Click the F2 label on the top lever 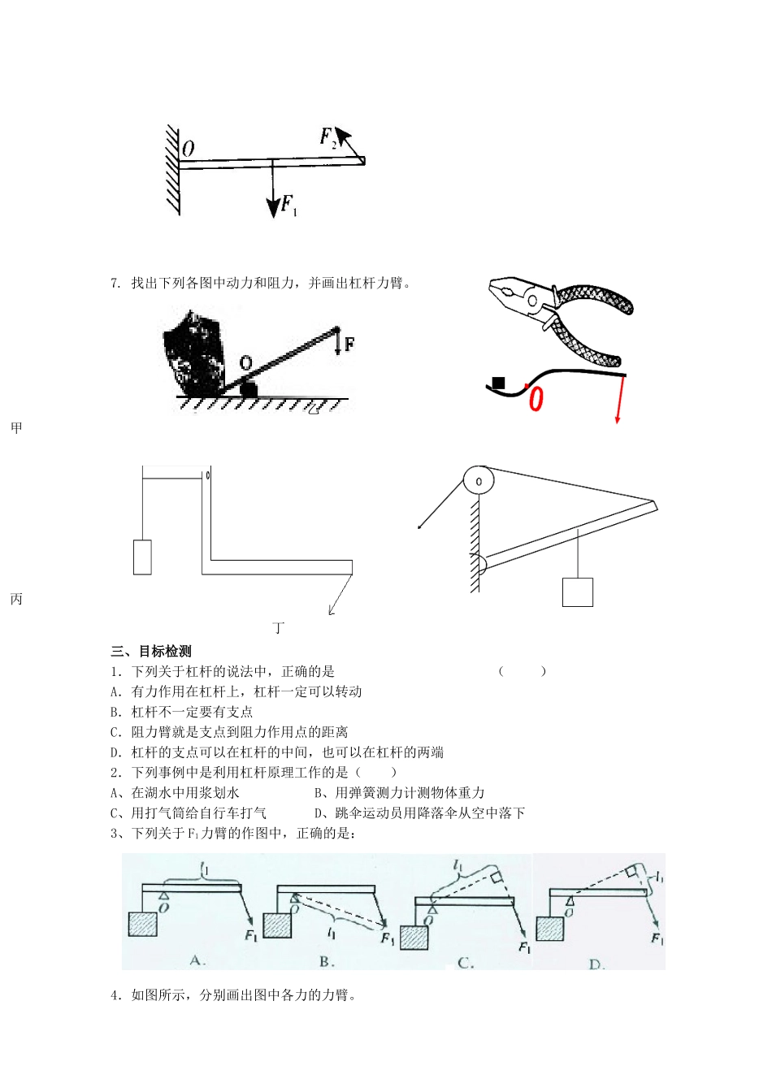pyautogui.click(x=328, y=137)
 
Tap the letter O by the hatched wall pyautogui.click(x=188, y=149)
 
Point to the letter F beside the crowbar pyautogui.click(x=349, y=344)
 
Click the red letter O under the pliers pyautogui.click(x=536, y=399)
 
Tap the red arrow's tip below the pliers pyautogui.click(x=618, y=420)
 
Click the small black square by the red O pyautogui.click(x=499, y=383)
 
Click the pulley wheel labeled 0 pyautogui.click(x=479, y=481)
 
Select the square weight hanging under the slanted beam pyautogui.click(x=578, y=591)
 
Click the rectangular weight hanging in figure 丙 pyautogui.click(x=142, y=557)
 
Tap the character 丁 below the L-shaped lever pyautogui.click(x=279, y=628)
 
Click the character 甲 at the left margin pyautogui.click(x=16, y=428)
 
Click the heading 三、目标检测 pyautogui.click(x=151, y=651)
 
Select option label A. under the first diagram pyautogui.click(x=197, y=960)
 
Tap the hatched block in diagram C pyautogui.click(x=414, y=938)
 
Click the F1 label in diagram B pyautogui.click(x=388, y=938)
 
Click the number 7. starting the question pyautogui.click(x=115, y=284)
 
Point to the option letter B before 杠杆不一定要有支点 pyautogui.click(x=115, y=712)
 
